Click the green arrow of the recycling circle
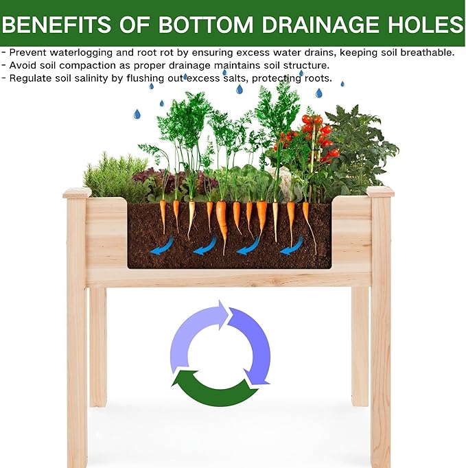pos(213,390)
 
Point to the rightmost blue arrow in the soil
pos(291,245)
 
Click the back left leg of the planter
pos(98,343)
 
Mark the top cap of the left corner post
pos(77,192)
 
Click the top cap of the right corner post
pos(380,191)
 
